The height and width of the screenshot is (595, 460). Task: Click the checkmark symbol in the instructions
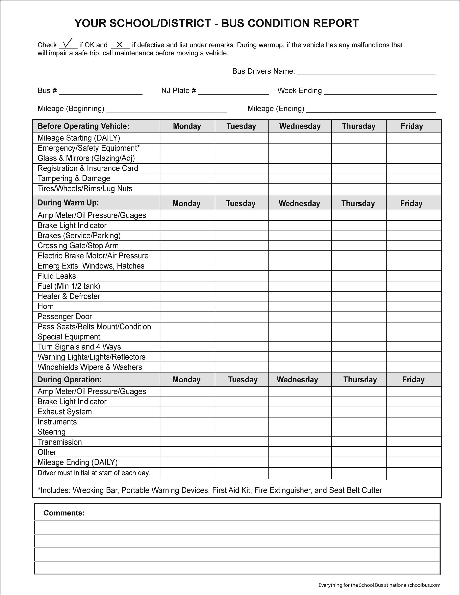pos(68,43)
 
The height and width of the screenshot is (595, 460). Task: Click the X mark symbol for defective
pos(119,44)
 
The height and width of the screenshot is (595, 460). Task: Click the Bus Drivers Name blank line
pos(366,72)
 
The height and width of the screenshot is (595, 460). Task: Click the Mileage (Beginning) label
pos(71,109)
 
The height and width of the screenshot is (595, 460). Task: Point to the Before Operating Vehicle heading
pos(83,126)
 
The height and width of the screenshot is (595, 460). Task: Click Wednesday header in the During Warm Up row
pos(299,203)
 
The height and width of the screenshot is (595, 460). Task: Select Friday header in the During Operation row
pos(413,379)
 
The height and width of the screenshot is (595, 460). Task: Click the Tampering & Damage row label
pos(74,178)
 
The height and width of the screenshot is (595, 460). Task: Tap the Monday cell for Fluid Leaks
pos(187,276)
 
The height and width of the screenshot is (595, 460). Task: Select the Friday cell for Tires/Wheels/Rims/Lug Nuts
pos(413,189)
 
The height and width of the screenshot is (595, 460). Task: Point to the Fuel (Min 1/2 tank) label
pos(69,286)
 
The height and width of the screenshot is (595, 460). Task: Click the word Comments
pos(64,513)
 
